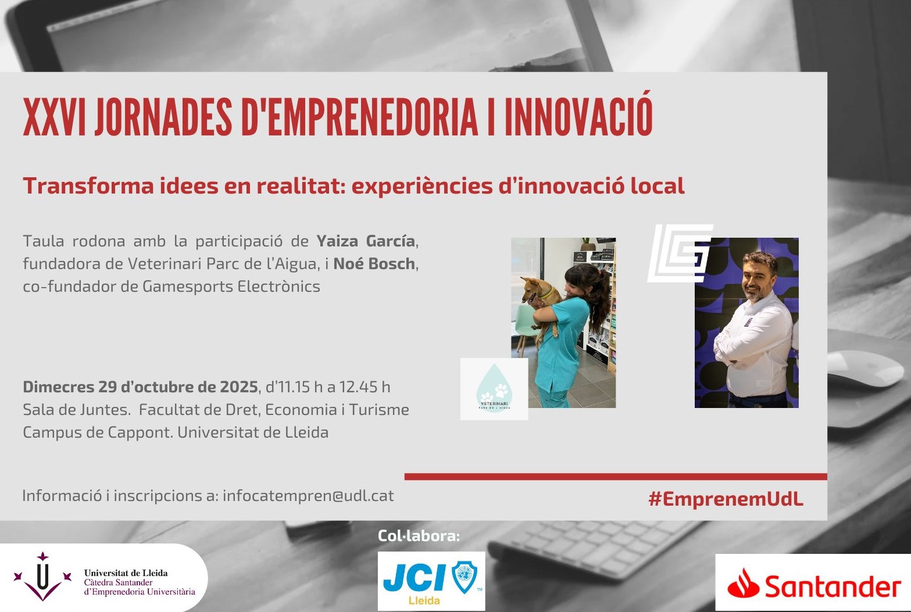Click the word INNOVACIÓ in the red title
[578, 116]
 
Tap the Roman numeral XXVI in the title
[54, 116]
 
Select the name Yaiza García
[366, 241]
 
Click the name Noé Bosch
[374, 264]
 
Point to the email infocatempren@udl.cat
[308, 496]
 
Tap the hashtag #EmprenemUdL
[726, 499]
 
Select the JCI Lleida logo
[431, 581]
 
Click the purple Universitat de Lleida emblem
[42, 577]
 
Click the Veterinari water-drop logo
[494, 388]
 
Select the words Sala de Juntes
[76, 410]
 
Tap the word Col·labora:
[419, 536]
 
